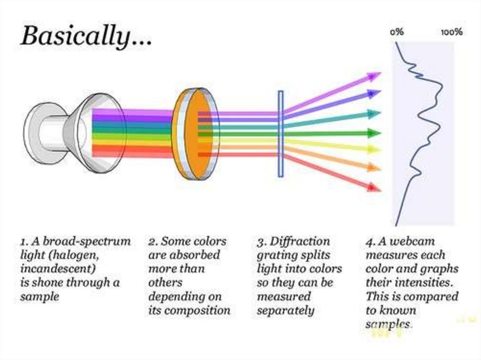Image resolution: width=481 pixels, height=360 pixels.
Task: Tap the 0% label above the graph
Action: tap(397, 32)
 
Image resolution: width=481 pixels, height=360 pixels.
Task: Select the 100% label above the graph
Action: tap(451, 32)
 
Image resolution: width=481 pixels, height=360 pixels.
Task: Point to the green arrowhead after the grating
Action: tap(374, 133)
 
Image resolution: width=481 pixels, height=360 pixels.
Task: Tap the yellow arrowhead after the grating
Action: tap(374, 149)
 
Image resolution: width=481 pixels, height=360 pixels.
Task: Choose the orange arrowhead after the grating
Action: tap(374, 167)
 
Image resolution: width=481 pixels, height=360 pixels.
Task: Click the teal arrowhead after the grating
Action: tap(374, 114)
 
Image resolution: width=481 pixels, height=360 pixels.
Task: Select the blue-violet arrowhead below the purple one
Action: tap(374, 93)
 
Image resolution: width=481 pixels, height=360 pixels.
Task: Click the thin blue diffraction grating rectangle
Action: tap(280, 134)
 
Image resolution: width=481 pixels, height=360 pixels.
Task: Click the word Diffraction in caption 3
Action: tap(300, 242)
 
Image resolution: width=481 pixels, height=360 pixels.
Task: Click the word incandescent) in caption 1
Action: tap(58, 269)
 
